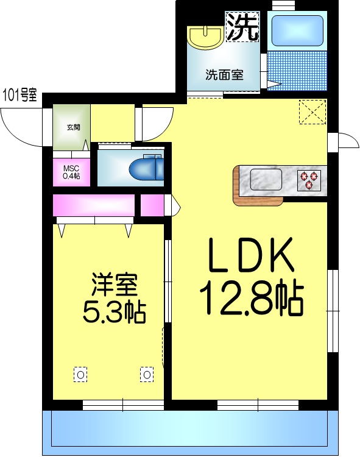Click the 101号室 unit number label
(20, 95)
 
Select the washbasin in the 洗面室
(205, 37)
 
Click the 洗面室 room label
(224, 76)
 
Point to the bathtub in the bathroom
(296, 30)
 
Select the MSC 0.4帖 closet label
(71, 172)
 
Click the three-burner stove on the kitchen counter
(308, 179)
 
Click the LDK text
(251, 257)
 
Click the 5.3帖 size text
(114, 313)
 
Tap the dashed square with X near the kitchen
(313, 112)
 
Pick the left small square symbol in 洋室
(80, 373)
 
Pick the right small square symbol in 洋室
(147, 373)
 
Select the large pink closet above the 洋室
(93, 205)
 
